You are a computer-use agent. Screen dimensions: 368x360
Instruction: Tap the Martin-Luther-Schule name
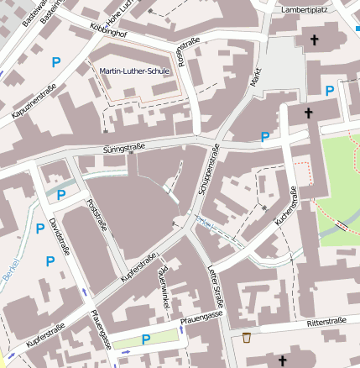coord(134,71)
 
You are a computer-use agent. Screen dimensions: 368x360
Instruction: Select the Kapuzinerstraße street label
coord(29,104)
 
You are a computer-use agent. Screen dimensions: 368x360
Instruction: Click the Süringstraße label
coord(123,150)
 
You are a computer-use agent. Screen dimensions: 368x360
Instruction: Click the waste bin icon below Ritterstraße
coord(247,338)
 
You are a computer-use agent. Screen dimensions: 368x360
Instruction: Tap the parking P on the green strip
coord(146,339)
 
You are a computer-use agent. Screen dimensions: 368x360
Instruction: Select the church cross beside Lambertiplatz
coord(316,39)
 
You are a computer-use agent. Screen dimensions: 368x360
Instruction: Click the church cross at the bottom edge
coord(282,361)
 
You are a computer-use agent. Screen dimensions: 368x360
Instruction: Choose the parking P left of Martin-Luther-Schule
coord(56,61)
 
